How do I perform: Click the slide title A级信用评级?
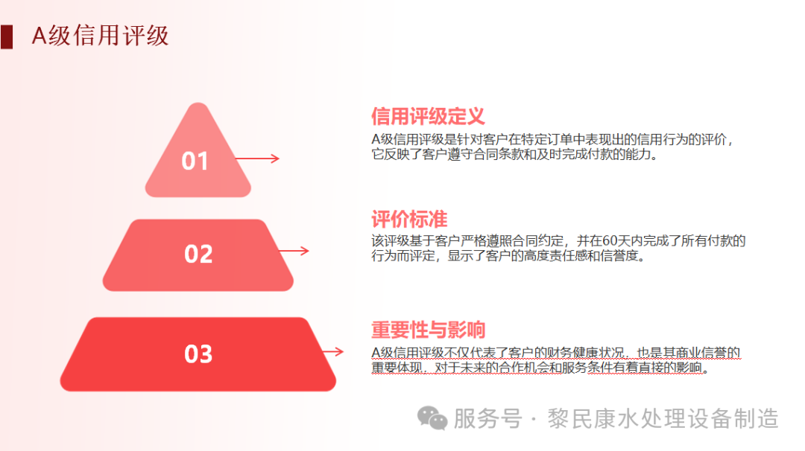coord(100,35)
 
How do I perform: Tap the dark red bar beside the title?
coord(7,36)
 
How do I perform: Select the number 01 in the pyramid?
coord(195,161)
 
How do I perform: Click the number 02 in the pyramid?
coord(198,255)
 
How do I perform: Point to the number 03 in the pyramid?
coord(198,354)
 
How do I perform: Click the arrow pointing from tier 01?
coord(257,159)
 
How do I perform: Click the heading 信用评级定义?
coord(428,116)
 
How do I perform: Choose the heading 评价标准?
coord(409,219)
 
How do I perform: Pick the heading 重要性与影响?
coord(428,330)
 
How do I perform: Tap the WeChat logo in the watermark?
coord(432,418)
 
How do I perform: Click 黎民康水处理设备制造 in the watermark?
coord(663,418)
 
